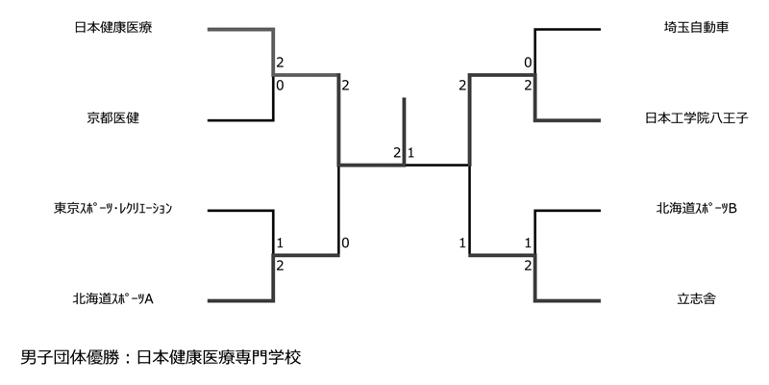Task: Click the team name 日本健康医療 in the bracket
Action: pos(113,28)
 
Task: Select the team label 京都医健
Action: pos(113,119)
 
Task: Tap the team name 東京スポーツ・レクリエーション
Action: pos(113,208)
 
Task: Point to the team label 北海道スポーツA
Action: pos(113,299)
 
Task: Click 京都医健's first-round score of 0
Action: pos(280,86)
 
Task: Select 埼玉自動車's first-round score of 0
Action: pos(528,63)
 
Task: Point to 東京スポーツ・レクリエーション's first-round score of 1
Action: pos(280,243)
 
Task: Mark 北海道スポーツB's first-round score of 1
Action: pos(528,243)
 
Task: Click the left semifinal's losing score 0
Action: pos(345,243)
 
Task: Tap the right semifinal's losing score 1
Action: pos(462,243)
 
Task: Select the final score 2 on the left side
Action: pos(396,153)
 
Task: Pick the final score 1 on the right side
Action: pos(411,153)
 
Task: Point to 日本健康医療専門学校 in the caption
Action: pos(219,358)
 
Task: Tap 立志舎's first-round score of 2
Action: pos(528,266)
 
